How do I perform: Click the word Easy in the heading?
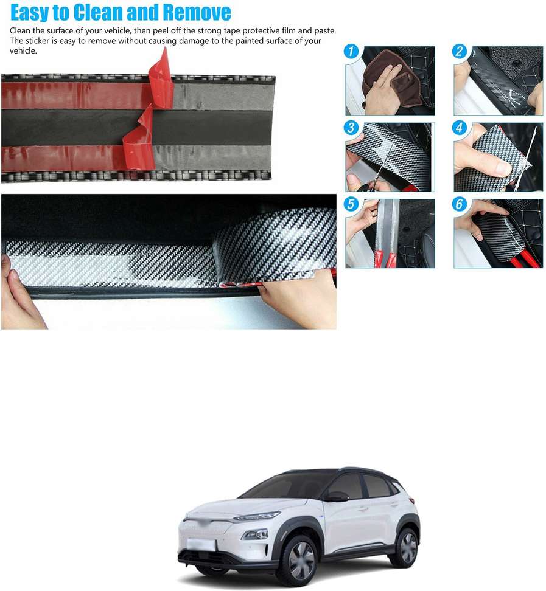(30, 12)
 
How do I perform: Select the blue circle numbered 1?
(351, 52)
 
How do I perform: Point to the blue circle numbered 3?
(351, 128)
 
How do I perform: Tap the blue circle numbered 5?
(351, 205)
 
